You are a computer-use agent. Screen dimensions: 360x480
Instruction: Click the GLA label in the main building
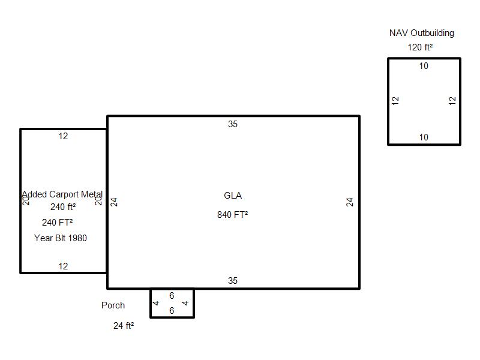click(233, 196)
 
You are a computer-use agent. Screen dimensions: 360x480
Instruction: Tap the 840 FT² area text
click(233, 215)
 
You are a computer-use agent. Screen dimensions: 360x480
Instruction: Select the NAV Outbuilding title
click(421, 33)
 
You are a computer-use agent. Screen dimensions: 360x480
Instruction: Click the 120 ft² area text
click(421, 47)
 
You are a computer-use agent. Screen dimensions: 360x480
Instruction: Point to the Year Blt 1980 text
click(61, 238)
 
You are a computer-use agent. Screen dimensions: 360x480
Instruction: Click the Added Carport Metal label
click(62, 195)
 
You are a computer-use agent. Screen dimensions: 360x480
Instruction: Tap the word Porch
click(113, 305)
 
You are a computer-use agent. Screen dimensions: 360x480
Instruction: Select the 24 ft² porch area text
click(124, 326)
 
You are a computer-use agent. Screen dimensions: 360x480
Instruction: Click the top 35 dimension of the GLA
click(233, 124)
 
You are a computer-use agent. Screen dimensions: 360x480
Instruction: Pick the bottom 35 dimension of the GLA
click(233, 281)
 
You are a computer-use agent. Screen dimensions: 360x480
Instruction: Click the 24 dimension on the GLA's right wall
click(350, 202)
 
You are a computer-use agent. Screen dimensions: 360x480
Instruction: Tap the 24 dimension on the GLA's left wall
click(114, 202)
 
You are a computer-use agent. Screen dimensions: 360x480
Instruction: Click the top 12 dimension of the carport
click(63, 136)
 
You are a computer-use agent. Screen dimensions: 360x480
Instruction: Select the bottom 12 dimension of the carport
click(63, 266)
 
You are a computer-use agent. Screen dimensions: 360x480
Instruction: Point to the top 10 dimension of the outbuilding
click(424, 66)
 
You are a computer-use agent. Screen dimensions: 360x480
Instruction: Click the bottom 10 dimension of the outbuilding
click(424, 137)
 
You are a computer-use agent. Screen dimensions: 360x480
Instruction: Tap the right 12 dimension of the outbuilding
click(452, 101)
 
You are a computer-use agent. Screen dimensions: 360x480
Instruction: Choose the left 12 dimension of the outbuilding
click(395, 101)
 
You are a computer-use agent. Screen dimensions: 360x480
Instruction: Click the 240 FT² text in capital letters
click(58, 223)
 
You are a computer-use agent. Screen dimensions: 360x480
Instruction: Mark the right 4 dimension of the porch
click(185, 303)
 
